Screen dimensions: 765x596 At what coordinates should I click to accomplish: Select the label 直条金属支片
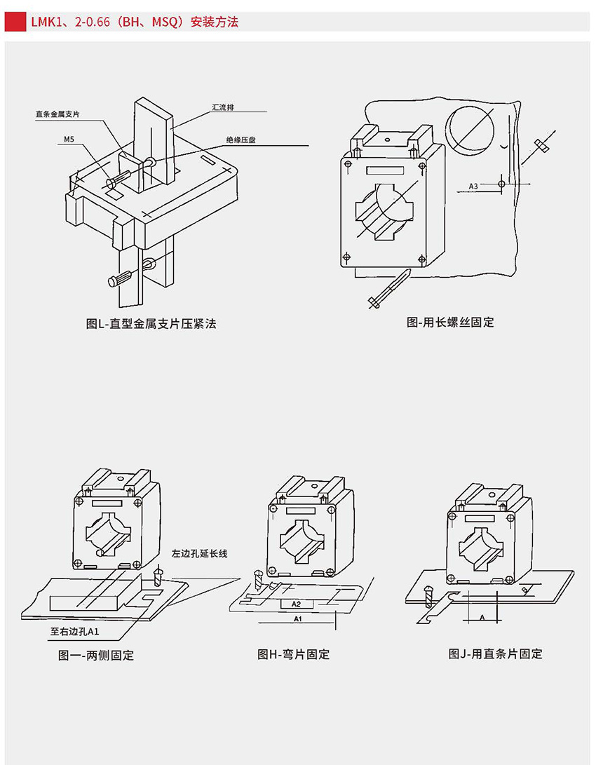pos(59,114)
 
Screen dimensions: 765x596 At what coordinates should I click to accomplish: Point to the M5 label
pos(69,140)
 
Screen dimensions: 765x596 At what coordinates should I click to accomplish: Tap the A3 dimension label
pos(474,186)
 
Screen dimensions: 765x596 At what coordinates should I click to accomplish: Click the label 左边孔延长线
pos(200,553)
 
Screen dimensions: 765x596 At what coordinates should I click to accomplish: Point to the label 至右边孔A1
pos(75,631)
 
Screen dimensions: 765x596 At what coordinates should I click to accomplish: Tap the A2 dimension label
pos(296,604)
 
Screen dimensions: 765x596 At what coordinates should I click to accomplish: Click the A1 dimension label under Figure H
pos(297,619)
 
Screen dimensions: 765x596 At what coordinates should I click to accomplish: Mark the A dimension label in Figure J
pos(482,617)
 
